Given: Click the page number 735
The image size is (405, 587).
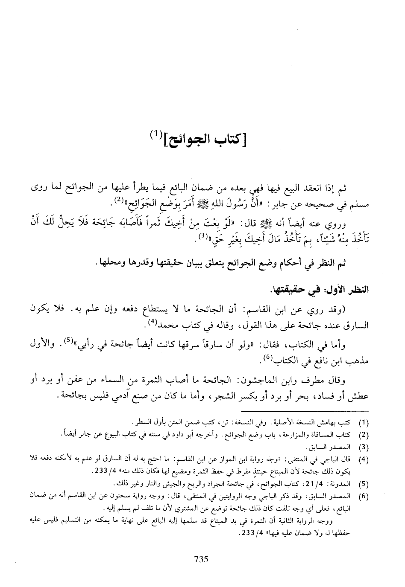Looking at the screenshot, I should click(201, 559).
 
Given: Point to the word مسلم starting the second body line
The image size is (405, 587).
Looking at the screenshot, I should click(362, 202).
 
